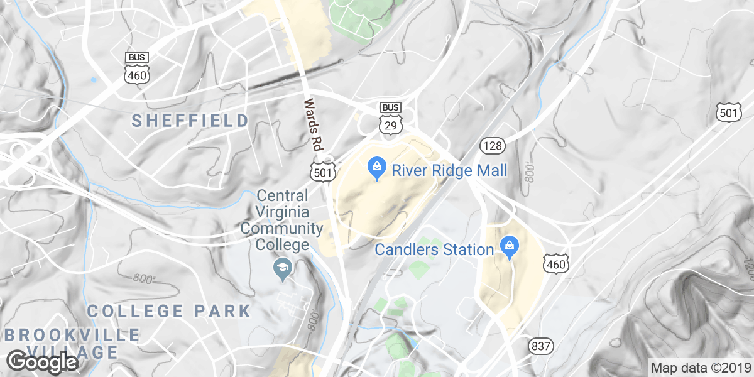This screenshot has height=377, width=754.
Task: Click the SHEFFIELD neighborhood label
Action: pos(190,121)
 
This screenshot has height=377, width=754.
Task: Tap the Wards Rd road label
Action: pos(310,123)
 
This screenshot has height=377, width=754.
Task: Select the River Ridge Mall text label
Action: pos(449,170)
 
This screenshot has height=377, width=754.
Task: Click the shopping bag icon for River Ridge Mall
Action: pos(376,168)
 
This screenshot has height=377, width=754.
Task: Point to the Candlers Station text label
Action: pos(434,249)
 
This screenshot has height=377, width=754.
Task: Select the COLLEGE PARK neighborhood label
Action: pos(169,310)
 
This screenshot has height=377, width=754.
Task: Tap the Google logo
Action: pos(43,363)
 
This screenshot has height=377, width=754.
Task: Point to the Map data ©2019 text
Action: pos(700,368)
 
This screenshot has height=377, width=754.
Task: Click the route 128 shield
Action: pos(492,146)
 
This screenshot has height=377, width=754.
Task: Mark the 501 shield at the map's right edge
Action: pos(728,113)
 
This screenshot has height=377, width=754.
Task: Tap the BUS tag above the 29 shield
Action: pos(391,107)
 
